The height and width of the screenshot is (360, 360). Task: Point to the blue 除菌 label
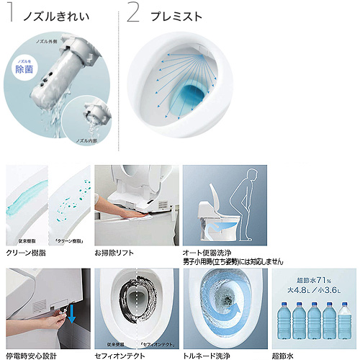(24, 71)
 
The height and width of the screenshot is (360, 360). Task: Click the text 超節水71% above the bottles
(314, 280)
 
